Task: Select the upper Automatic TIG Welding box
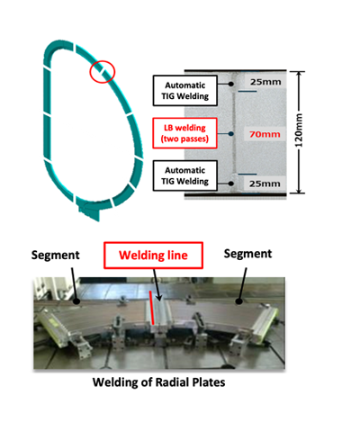185,91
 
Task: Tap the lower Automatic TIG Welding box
185,175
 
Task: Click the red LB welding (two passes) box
184,133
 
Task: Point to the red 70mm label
265,134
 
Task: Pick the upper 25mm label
265,82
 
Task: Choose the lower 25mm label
265,184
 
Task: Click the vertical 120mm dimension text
299,130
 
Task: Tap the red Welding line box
153,256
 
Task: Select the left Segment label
56,256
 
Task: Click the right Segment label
247,254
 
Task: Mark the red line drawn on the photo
152,308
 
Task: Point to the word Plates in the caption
209,382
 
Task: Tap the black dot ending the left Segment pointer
76,301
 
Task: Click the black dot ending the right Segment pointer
238,301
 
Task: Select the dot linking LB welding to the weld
230,134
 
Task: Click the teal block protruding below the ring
90,211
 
